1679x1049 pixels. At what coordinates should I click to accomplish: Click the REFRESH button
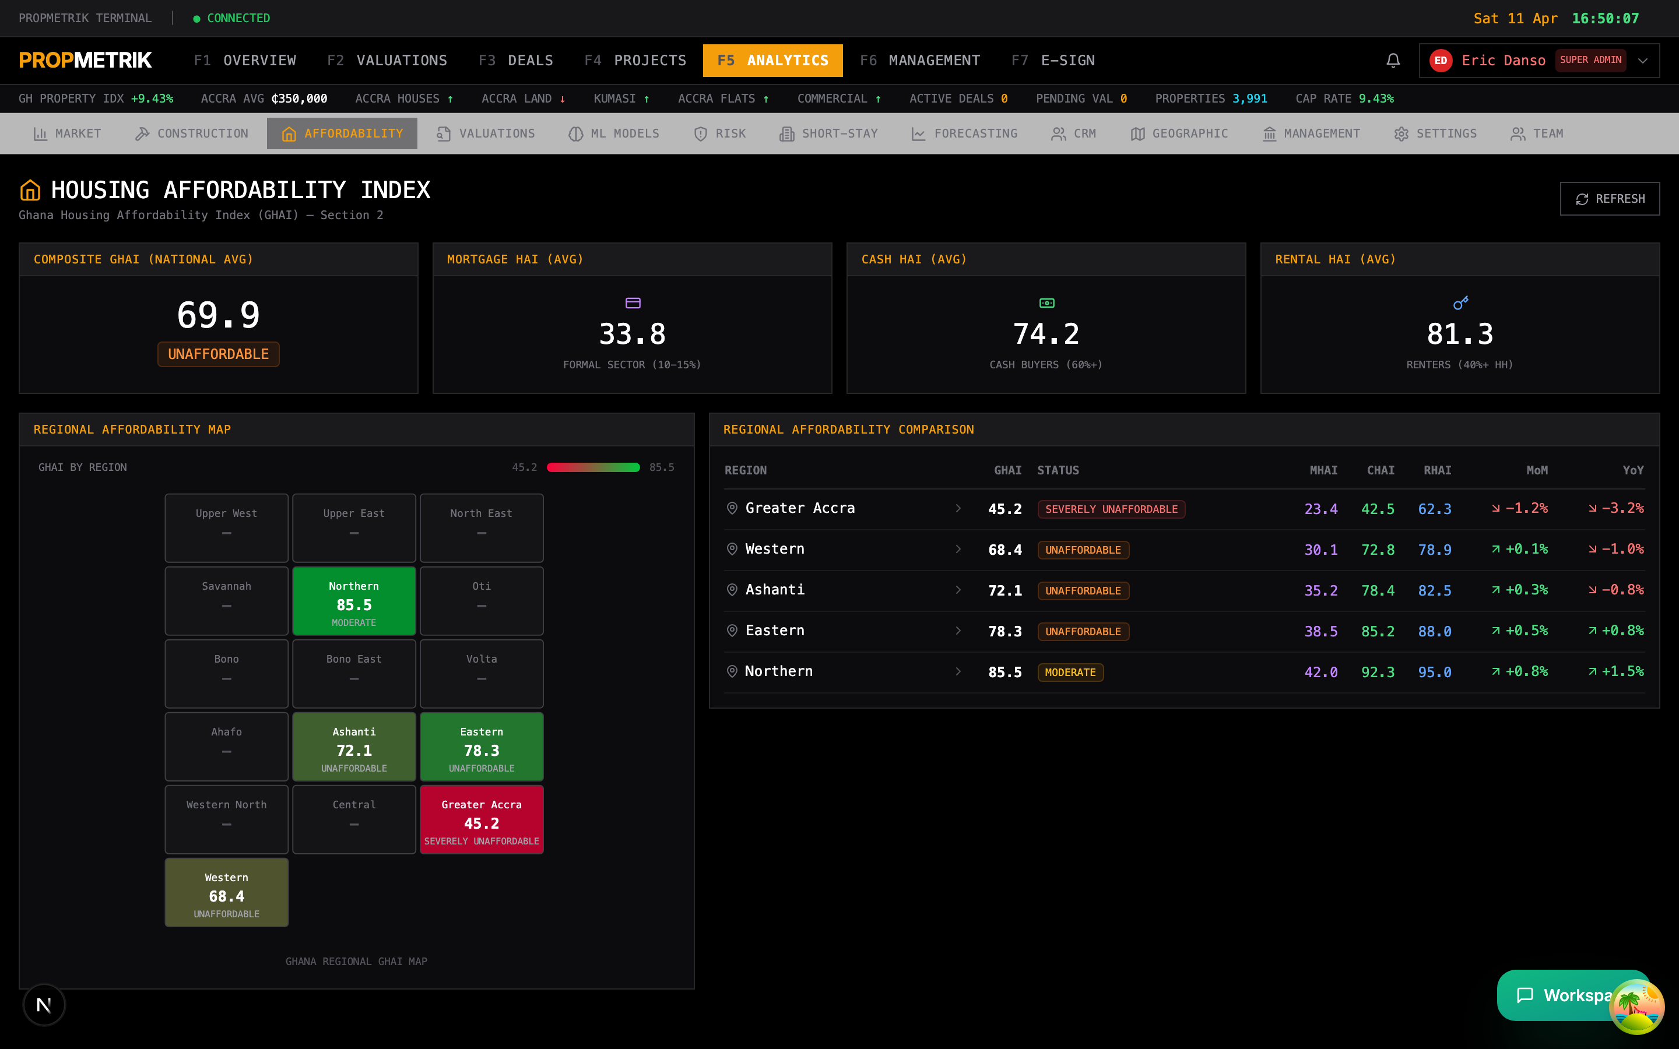(x=1609, y=199)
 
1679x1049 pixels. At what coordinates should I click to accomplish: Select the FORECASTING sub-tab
(x=964, y=134)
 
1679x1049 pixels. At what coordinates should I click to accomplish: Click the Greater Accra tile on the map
(x=482, y=819)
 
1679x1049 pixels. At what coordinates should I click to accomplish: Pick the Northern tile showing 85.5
(x=354, y=601)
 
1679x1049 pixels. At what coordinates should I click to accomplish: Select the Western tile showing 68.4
(x=226, y=892)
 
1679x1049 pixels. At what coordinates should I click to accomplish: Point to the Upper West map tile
(x=226, y=528)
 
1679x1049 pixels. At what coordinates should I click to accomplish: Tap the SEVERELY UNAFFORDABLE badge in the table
(x=1111, y=509)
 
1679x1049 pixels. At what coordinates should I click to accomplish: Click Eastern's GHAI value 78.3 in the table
(x=1004, y=631)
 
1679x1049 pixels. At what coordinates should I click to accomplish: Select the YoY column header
(x=1632, y=470)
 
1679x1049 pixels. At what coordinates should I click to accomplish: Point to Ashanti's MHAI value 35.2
(x=1320, y=590)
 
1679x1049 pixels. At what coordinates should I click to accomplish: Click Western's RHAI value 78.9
(x=1434, y=550)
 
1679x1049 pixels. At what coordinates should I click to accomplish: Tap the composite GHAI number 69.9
(x=219, y=315)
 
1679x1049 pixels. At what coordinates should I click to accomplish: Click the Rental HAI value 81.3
(x=1460, y=335)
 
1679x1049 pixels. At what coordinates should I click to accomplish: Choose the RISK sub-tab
(x=720, y=134)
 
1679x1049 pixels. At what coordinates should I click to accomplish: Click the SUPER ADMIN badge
(x=1590, y=61)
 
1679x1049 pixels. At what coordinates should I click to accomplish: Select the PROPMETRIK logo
(x=85, y=61)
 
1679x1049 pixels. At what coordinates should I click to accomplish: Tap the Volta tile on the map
(x=482, y=674)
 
